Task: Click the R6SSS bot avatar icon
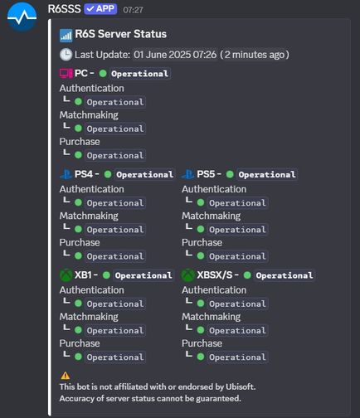pos(22,17)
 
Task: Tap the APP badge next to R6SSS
pos(100,9)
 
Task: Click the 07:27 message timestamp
pos(133,10)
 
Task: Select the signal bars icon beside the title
pos(66,36)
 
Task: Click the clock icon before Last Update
pos(66,55)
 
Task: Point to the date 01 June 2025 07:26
pos(175,55)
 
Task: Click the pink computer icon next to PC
pos(66,74)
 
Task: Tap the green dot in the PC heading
pos(103,73)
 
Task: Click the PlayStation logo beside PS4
pos(66,174)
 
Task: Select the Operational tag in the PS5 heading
pos(267,174)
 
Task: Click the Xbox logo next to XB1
pos(66,275)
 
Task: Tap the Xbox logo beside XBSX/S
pos(188,275)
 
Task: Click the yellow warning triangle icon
pos(66,376)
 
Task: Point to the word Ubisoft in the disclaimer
pos(241,386)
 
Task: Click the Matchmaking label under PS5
pos(212,216)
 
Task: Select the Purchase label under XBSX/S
pos(202,343)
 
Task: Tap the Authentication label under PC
pos(92,89)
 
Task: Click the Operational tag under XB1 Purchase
pos(115,357)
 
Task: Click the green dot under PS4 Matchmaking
pos(78,229)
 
